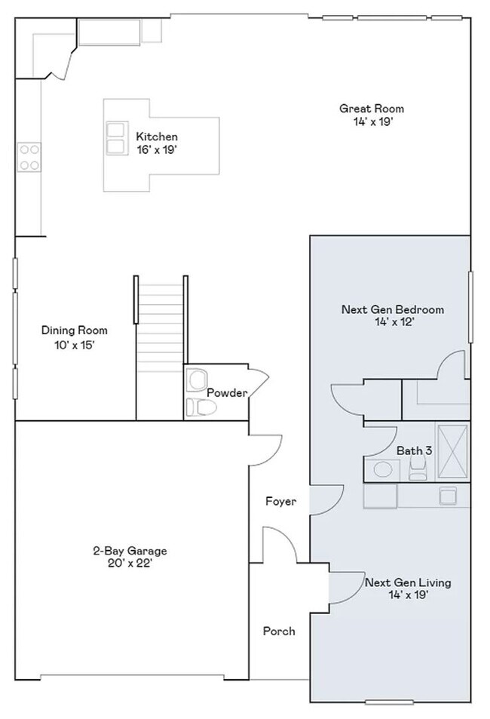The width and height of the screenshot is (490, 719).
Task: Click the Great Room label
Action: (372, 109)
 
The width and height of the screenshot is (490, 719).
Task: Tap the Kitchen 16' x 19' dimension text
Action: (157, 150)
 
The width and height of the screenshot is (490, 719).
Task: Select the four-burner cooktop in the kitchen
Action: (29, 157)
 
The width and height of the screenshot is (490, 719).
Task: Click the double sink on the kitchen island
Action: (116, 139)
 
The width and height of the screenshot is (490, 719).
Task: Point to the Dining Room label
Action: (75, 330)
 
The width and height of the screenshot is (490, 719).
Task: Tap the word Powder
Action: (227, 393)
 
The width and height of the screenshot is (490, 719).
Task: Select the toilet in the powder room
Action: (201, 407)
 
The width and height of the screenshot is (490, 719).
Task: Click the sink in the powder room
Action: (197, 379)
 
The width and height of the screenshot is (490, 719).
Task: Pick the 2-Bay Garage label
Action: (130, 551)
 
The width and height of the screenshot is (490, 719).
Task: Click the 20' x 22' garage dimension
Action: (130, 564)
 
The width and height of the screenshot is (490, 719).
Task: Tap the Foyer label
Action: (281, 502)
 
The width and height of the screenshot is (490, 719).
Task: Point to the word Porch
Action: (279, 631)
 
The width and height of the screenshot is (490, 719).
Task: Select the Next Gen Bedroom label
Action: (393, 309)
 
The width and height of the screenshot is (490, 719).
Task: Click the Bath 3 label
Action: (415, 450)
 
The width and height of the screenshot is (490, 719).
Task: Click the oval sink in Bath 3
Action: (383, 469)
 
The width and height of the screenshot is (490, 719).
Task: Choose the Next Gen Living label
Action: (408, 582)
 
